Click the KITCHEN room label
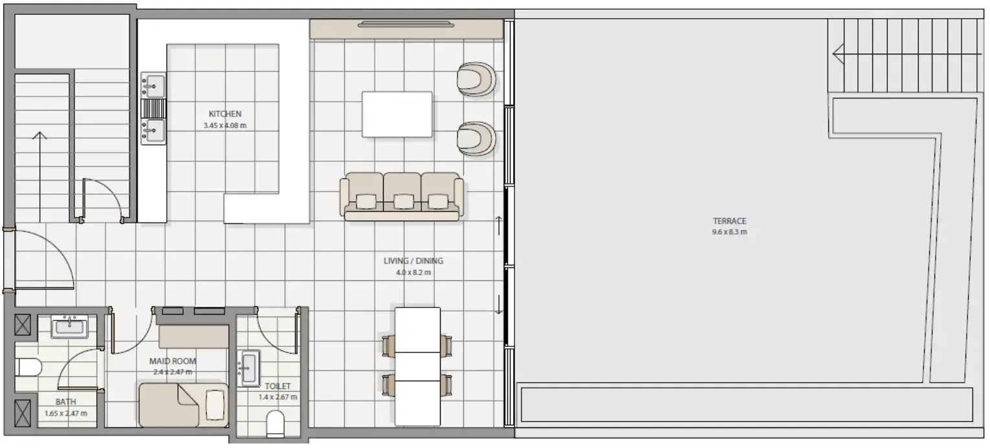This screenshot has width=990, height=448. (225, 114)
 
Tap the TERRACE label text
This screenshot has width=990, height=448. (729, 221)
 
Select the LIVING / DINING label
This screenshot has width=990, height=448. (413, 261)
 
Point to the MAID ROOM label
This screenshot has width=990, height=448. (173, 361)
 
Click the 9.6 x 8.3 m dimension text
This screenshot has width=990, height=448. (729, 232)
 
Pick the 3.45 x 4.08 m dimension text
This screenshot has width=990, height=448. (225, 126)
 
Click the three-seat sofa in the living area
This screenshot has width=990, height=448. (402, 196)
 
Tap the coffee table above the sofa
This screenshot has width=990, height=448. (397, 114)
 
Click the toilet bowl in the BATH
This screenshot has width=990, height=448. (28, 368)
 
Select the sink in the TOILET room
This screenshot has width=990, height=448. (250, 368)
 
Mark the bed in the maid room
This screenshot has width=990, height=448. (182, 405)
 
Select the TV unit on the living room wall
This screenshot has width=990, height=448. (406, 28)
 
